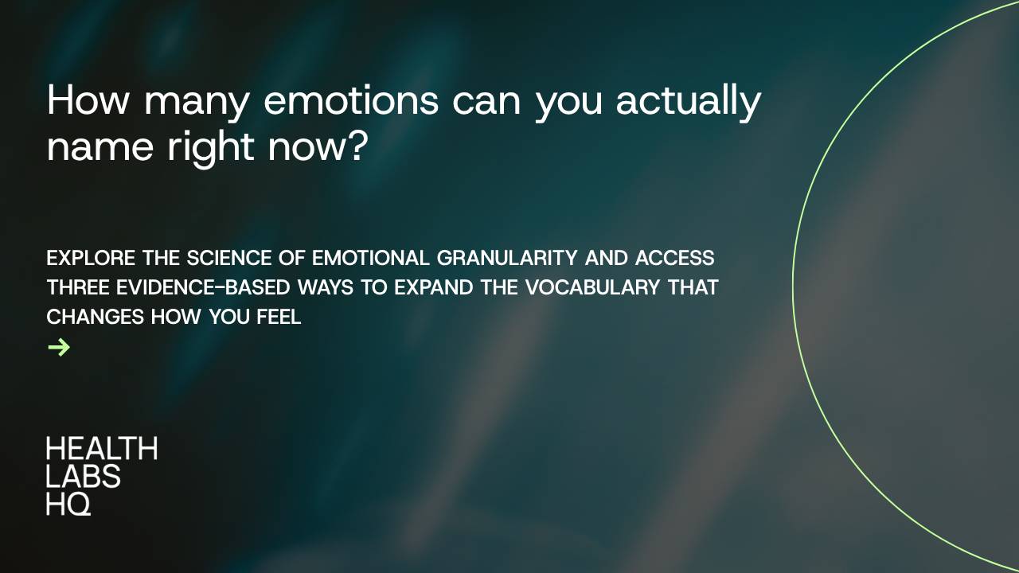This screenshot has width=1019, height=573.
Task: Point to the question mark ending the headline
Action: point(356,147)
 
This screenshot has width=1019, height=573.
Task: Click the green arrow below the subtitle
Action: point(59,347)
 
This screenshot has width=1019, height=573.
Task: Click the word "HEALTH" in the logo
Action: point(101,449)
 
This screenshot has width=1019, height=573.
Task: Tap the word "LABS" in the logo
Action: point(84,476)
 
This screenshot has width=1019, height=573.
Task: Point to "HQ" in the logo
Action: point(68,503)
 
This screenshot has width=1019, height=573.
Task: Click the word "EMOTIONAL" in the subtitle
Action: point(371,259)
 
